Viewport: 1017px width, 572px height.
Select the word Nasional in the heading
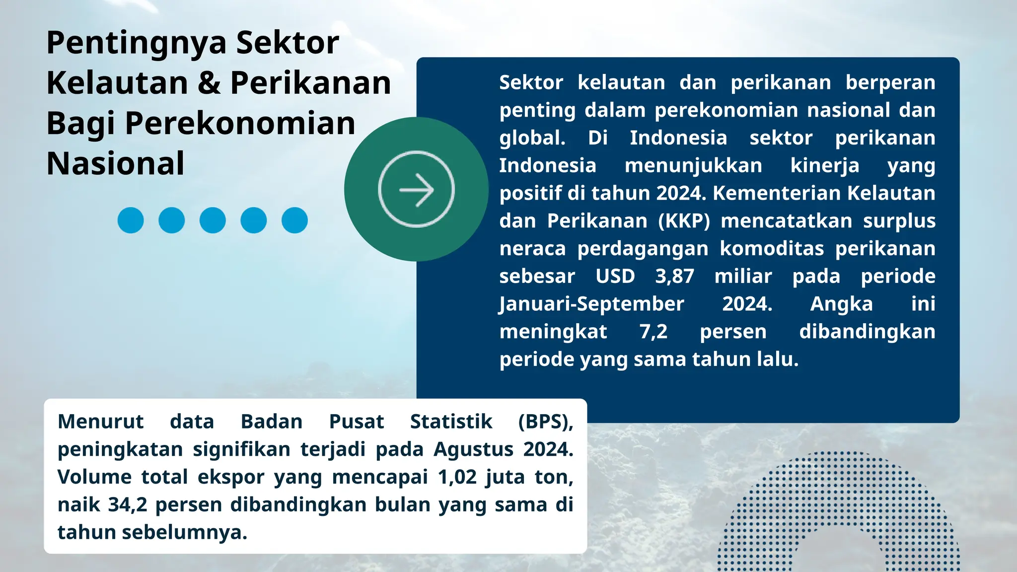coord(115,163)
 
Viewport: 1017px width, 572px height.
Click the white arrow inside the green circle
coord(416,190)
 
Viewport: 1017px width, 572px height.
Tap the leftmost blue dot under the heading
coord(131,220)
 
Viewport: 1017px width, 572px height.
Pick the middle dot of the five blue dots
coord(213,220)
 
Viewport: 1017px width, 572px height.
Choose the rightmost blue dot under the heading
coord(294,220)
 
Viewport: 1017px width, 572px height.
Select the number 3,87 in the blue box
coord(674,276)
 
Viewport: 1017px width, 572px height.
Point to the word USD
coord(615,276)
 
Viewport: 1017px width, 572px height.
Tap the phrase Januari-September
coord(591,304)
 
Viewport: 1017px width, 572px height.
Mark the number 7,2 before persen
coord(654,332)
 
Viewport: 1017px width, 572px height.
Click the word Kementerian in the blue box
coord(776,193)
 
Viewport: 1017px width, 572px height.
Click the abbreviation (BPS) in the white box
coord(545,422)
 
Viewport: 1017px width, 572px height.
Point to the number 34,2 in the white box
coord(128,505)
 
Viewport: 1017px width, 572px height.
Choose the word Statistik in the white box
coord(451,422)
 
